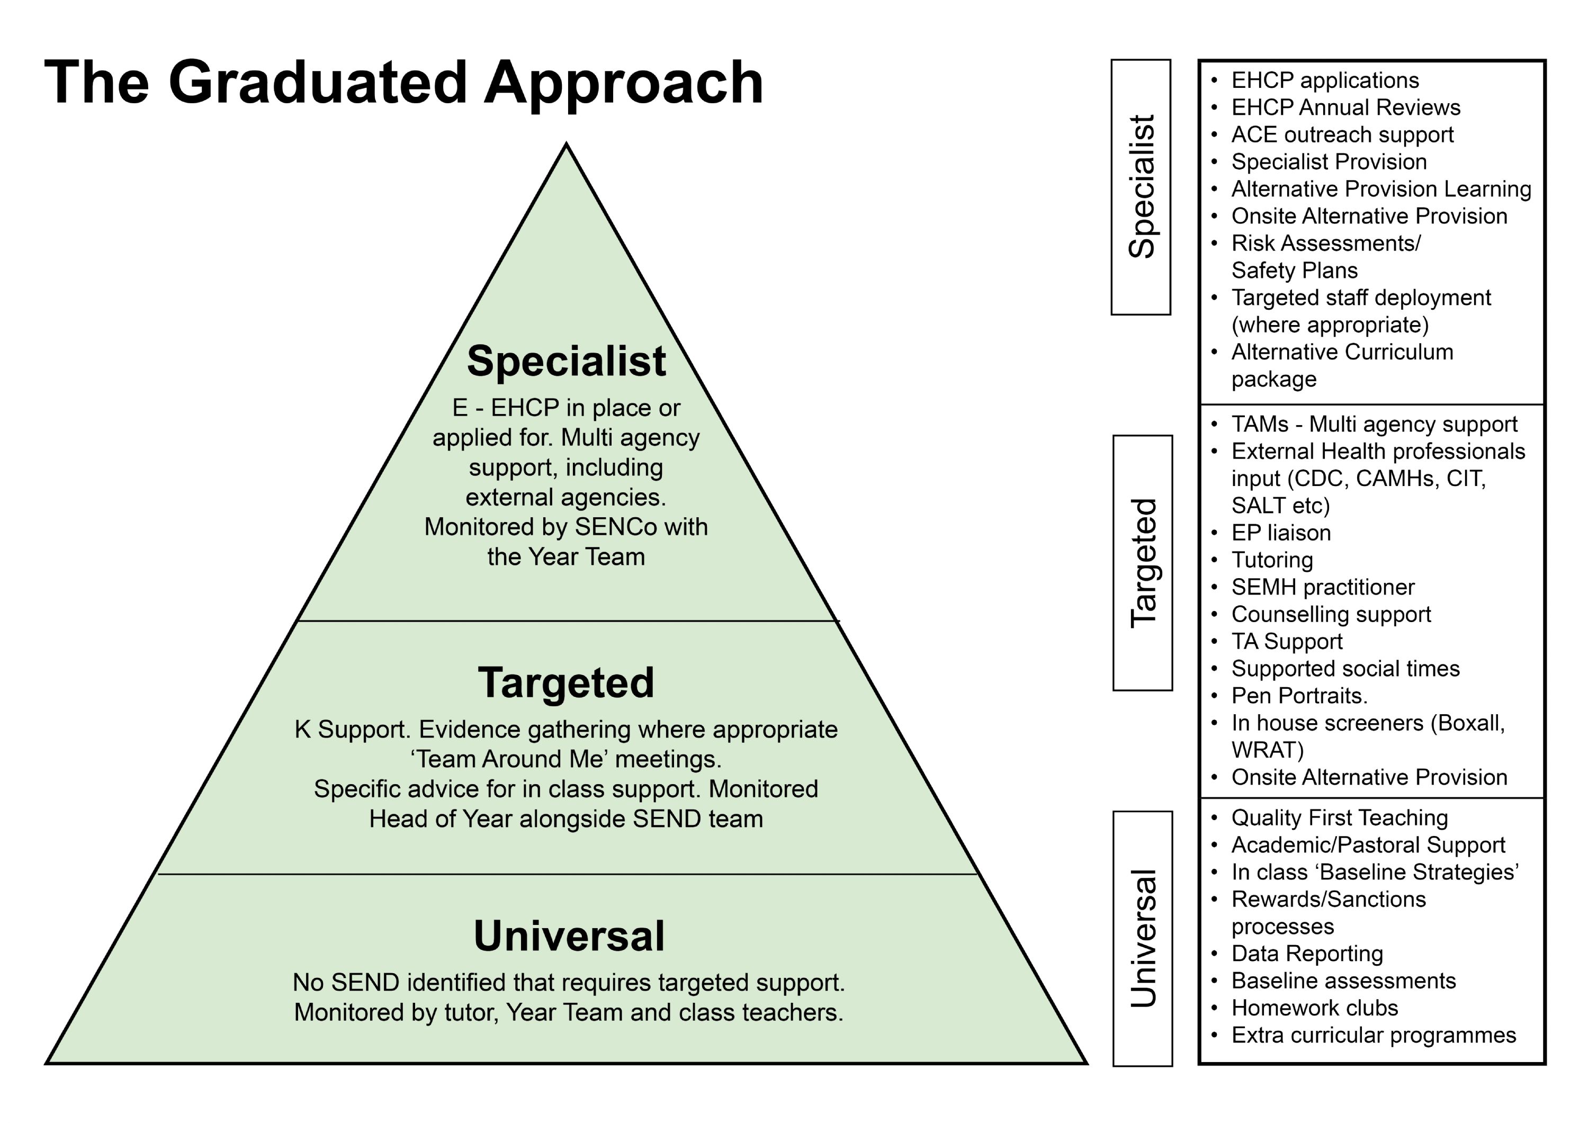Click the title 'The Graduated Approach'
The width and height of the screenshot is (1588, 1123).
click(x=403, y=83)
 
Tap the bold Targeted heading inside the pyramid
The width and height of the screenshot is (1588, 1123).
click(x=566, y=682)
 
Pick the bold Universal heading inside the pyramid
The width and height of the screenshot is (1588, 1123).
click(x=569, y=936)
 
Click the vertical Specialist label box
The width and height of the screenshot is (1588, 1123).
click(x=1141, y=187)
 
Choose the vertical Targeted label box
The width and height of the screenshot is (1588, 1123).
click(x=1143, y=562)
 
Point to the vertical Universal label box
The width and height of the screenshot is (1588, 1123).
click(x=1143, y=938)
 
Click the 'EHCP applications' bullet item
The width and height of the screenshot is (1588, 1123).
click(x=1324, y=80)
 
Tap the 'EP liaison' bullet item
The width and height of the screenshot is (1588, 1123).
click(x=1281, y=533)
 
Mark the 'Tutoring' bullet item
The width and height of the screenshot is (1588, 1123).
click(x=1272, y=560)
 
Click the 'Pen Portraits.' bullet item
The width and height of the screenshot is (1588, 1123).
click(x=1299, y=695)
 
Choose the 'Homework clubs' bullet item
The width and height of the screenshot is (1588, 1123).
click(x=1314, y=1008)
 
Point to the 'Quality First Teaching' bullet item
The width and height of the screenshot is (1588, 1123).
click(x=1339, y=817)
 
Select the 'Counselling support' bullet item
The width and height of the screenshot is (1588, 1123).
click(x=1331, y=614)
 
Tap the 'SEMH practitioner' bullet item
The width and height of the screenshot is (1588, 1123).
click(x=1322, y=587)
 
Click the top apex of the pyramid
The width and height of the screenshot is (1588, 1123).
click(x=567, y=145)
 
